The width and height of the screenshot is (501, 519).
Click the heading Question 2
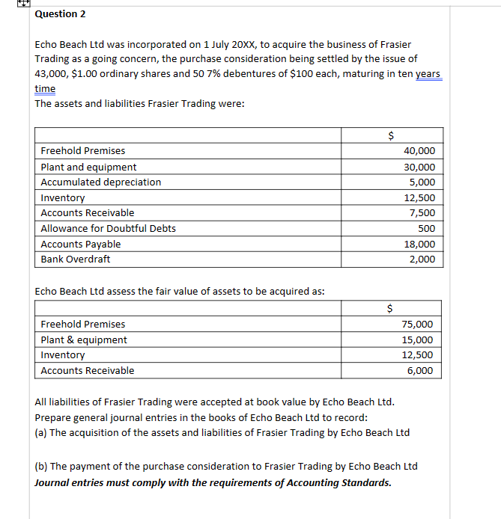click(60, 14)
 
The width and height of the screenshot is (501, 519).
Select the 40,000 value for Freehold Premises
click(419, 151)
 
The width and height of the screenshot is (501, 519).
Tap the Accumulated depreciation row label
click(100, 182)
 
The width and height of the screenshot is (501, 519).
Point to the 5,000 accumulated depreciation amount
click(422, 182)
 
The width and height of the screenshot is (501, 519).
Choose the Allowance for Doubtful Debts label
click(108, 229)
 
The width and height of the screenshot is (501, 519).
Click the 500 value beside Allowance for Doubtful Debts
click(426, 229)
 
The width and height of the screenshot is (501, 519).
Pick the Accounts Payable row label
click(80, 245)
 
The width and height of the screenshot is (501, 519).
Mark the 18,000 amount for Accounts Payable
click(419, 245)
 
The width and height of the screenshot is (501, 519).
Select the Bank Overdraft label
click(75, 259)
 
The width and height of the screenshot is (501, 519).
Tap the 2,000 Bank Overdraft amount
click(422, 259)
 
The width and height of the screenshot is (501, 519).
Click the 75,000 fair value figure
click(417, 325)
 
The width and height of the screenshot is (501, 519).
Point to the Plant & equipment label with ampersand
click(83, 340)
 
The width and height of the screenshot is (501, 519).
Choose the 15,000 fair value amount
click(417, 340)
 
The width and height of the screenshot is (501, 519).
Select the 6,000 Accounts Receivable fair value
click(420, 371)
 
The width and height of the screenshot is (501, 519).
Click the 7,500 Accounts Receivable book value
click(422, 213)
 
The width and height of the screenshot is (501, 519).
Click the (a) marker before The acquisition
click(42, 433)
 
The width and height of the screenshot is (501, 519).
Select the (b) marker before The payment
click(42, 467)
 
